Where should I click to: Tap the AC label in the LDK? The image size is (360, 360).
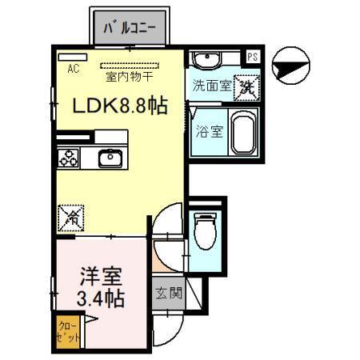[x=72, y=70]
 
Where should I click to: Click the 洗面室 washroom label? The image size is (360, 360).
[x=210, y=86]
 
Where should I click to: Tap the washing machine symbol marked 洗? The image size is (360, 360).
[x=245, y=86]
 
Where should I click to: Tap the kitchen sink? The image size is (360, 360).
[x=110, y=158]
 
